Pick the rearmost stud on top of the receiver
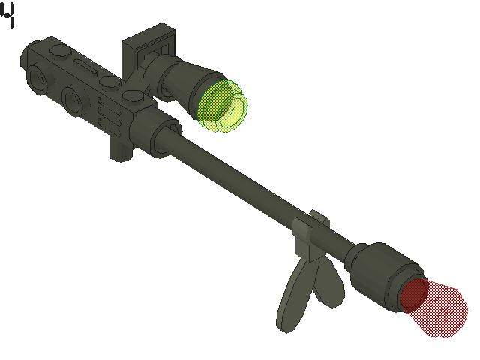click(58, 51)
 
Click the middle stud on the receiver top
click(109, 81)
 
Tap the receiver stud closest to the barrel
click(134, 95)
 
